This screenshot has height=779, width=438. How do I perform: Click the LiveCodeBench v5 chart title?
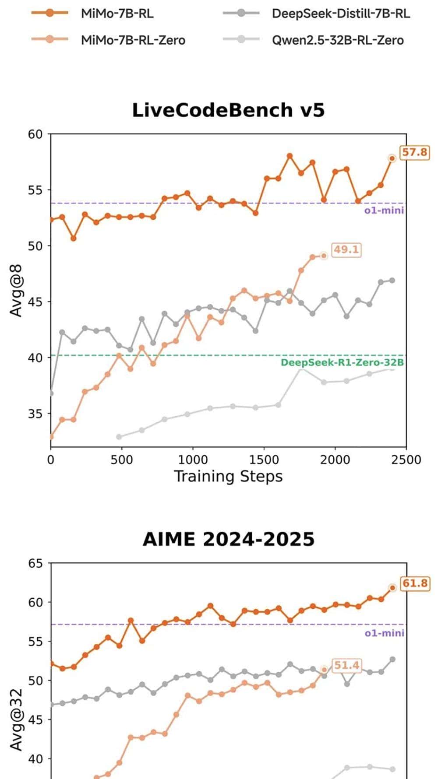pyautogui.click(x=228, y=110)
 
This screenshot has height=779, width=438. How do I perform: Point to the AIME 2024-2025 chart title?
pyautogui.click(x=228, y=539)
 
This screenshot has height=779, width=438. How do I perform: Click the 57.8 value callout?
pyautogui.click(x=414, y=152)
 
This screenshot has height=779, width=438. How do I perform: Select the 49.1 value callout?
pyautogui.click(x=346, y=249)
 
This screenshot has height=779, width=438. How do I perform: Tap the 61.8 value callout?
pyautogui.click(x=415, y=583)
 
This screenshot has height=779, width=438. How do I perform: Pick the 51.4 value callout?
pyautogui.click(x=346, y=665)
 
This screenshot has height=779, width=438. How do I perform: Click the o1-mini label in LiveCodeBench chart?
pyautogui.click(x=384, y=211)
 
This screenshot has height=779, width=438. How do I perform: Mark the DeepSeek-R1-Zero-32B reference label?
pyautogui.click(x=342, y=362)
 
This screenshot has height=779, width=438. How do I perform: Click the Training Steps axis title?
pyautogui.click(x=228, y=476)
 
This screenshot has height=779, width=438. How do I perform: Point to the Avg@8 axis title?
pyautogui.click(x=16, y=290)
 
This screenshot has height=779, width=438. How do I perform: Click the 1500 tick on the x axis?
pyautogui.click(x=264, y=460)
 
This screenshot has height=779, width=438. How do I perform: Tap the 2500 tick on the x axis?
pyautogui.click(x=406, y=460)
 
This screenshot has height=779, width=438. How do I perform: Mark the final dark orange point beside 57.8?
pyautogui.click(x=392, y=158)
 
